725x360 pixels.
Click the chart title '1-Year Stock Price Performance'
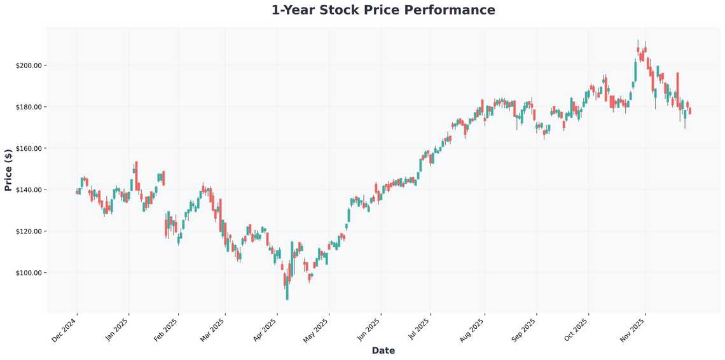click(383, 10)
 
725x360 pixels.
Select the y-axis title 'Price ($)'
click(8, 170)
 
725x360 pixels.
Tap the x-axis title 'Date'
click(383, 350)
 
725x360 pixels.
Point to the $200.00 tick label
click(29, 66)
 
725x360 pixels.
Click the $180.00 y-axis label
click(29, 107)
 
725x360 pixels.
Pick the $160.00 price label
click(29, 148)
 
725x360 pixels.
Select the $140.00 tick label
click(29, 190)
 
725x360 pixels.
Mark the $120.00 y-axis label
click(29, 232)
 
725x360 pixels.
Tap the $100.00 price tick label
click(29, 273)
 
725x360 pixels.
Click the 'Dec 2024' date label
click(64, 330)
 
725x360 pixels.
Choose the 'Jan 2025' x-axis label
click(116, 330)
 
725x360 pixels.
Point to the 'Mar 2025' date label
click(212, 330)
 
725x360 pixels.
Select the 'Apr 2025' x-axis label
click(265, 330)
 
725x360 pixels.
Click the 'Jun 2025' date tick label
click(368, 330)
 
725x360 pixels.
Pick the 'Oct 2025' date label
click(576, 330)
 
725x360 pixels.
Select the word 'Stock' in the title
click(356, 10)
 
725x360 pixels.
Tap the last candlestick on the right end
click(690, 111)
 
